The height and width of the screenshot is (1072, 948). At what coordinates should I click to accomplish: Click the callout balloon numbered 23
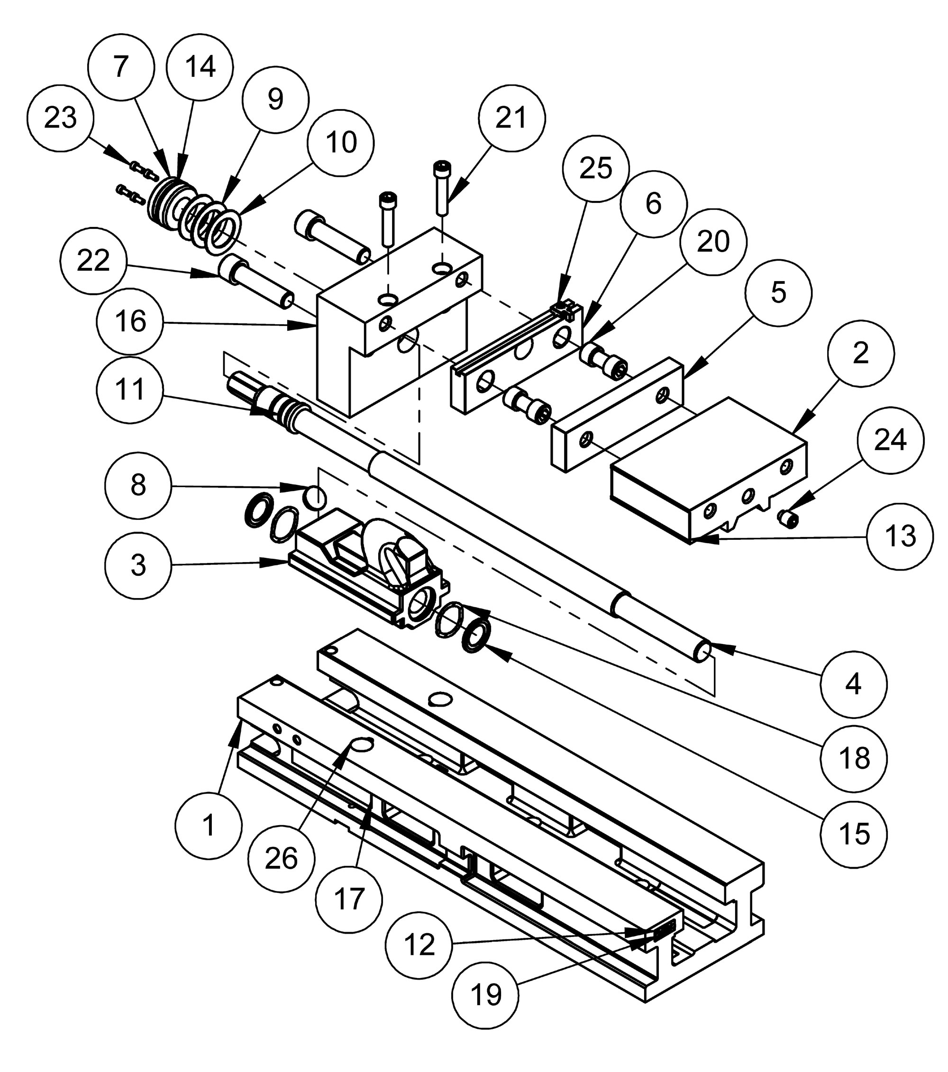pyautogui.click(x=60, y=118)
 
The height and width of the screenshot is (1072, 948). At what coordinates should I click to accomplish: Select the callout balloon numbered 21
pyautogui.click(x=511, y=118)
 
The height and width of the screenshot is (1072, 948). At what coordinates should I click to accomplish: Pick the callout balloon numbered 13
pyautogui.click(x=900, y=536)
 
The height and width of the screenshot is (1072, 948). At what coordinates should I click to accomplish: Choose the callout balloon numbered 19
pyautogui.click(x=485, y=994)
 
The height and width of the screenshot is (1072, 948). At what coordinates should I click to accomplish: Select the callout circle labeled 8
pyautogui.click(x=138, y=485)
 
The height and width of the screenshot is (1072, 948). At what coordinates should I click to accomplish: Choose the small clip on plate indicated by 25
pyautogui.click(x=564, y=310)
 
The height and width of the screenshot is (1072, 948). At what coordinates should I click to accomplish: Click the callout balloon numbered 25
pyautogui.click(x=595, y=168)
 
